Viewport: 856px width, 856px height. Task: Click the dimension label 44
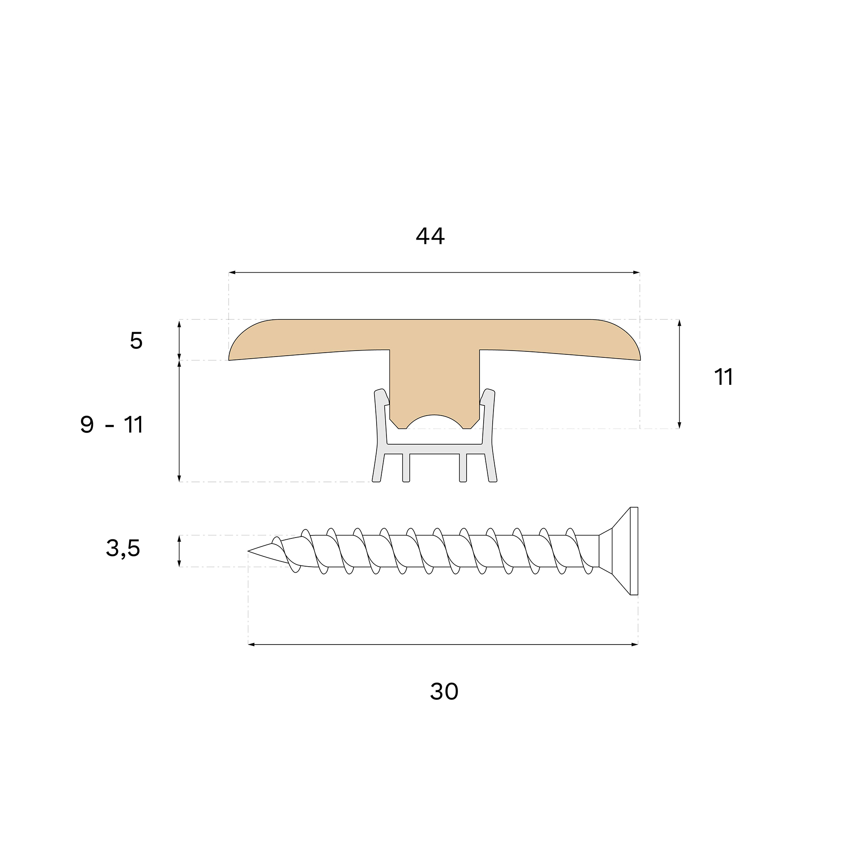pos(430,236)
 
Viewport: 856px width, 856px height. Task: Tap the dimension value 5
pos(137,341)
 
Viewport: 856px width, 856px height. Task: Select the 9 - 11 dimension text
pos(112,425)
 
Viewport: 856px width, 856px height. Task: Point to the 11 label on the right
pos(723,377)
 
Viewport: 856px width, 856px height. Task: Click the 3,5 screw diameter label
pos(123,549)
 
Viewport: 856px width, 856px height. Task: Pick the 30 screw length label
pos(444,692)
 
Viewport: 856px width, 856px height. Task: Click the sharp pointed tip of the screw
pos(248,551)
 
